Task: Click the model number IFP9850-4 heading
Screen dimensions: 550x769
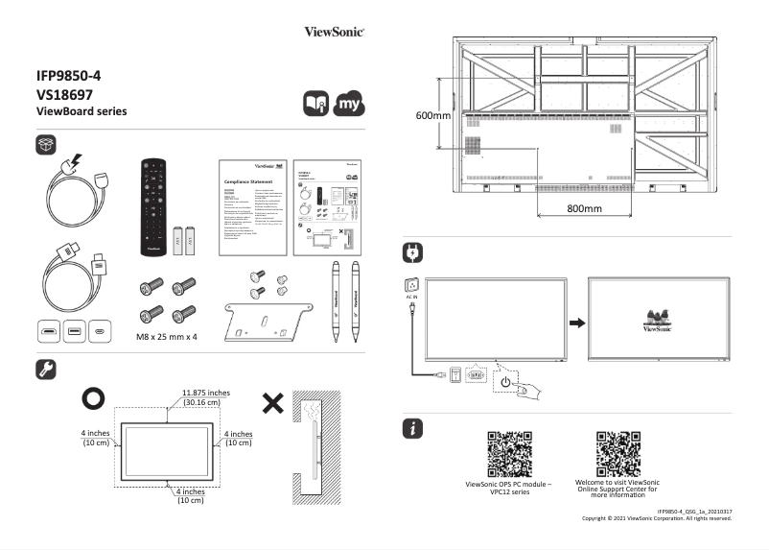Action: pos(76,76)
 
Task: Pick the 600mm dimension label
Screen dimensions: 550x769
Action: pos(432,115)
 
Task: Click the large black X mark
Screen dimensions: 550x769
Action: pos(272,403)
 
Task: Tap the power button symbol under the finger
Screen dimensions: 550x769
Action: pos(505,382)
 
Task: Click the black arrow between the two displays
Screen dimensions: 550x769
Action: pos(575,322)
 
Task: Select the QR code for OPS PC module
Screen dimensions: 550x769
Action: pos(508,453)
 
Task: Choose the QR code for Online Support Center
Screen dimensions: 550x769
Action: pos(618,453)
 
